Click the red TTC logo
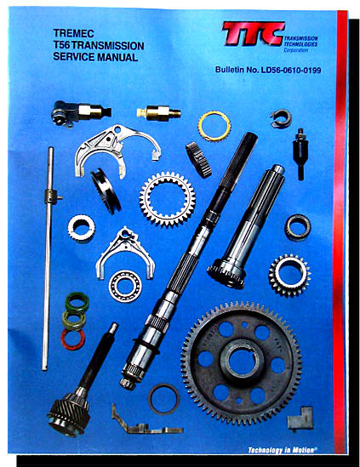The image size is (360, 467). pos(253,33)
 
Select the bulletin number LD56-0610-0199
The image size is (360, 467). pos(291,70)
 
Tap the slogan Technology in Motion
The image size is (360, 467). pos(282,450)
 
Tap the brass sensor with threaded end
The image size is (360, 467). pos(158,113)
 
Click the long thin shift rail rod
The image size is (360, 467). pos(48,259)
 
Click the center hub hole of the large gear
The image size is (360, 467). pos(242,362)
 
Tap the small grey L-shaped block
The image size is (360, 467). pos(300,419)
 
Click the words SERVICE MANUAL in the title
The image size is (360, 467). pos(95,57)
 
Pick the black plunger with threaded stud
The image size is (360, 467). pos(300,154)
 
